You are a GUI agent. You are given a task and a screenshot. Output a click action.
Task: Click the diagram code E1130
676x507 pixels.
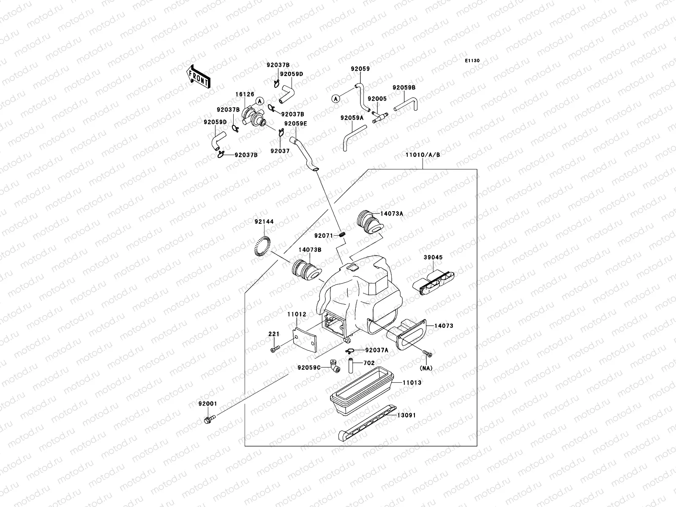pos(473,61)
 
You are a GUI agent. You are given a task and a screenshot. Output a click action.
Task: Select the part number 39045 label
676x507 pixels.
pos(433,257)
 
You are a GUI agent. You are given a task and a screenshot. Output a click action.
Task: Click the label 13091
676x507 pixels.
pos(406,415)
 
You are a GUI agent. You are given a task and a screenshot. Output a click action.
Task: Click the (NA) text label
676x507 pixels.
pos(427,368)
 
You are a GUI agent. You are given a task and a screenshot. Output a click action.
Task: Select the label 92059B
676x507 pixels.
pos(404,87)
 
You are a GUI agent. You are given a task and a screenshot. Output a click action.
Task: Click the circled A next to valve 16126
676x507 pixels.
pos(260,100)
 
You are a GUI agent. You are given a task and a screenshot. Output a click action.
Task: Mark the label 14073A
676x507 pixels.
pos(392,214)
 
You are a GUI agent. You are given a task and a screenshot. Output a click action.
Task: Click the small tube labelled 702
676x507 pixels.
pos(350,365)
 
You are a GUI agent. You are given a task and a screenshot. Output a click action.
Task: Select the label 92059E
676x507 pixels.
pos(295,124)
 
